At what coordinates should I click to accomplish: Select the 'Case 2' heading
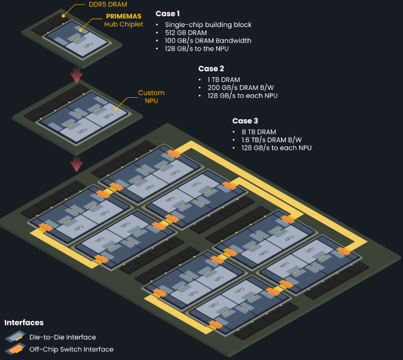coord(211,69)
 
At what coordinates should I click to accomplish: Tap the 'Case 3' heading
coord(246,121)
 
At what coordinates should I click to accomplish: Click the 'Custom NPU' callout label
coord(151,97)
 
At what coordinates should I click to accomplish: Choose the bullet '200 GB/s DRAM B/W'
coord(238,88)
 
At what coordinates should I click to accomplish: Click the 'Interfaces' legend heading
coord(24,323)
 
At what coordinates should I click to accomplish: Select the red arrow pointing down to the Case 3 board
coord(76,163)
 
